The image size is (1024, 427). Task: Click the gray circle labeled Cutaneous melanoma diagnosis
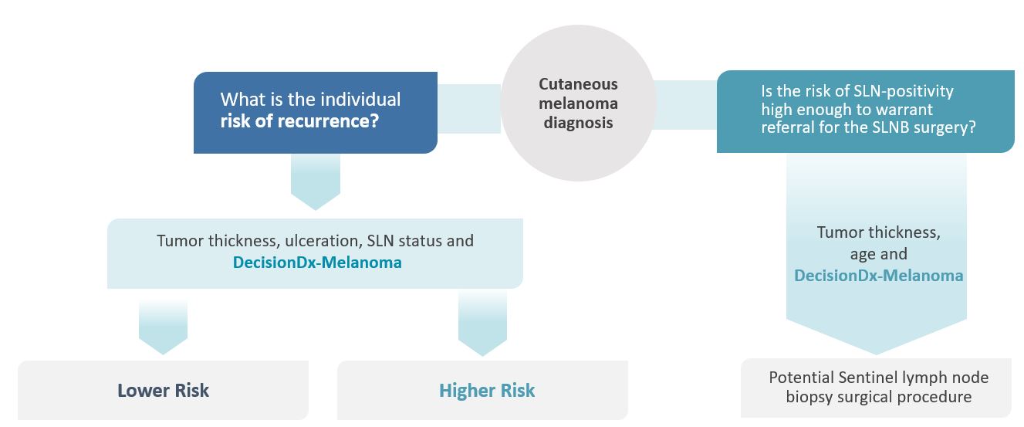click(578, 103)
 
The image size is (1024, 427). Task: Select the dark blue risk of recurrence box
click(315, 112)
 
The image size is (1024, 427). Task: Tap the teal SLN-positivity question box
click(864, 111)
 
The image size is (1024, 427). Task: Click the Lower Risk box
click(163, 390)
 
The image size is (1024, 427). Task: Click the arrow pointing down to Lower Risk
click(163, 325)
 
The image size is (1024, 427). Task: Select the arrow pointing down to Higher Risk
click(482, 325)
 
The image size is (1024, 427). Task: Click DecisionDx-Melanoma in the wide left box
click(317, 263)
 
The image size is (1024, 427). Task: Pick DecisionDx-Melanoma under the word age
click(878, 275)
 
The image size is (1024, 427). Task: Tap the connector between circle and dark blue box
click(469, 108)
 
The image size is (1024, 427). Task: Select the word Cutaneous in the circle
click(578, 84)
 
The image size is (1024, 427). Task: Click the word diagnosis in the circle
click(578, 123)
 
